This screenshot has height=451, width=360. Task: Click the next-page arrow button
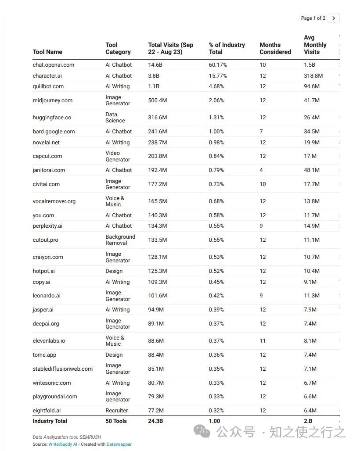point(334,18)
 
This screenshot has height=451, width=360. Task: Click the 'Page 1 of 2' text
point(313,18)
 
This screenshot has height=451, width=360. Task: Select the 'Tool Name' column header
point(47,52)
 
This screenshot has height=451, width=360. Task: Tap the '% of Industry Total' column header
point(227,48)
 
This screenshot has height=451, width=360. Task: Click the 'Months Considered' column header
point(275,48)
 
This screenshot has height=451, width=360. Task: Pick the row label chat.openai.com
point(53,64)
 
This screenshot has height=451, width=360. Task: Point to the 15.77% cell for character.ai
point(218,75)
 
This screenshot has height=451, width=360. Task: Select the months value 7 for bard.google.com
point(261,131)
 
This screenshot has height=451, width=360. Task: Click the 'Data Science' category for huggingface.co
point(115,117)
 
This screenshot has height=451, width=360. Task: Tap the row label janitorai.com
point(49,170)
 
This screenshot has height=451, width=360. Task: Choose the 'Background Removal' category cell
point(120,240)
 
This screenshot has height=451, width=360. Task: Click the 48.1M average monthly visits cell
point(312,170)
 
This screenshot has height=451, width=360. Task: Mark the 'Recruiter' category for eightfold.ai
point(116,410)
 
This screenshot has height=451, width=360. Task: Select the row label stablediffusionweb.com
point(62,369)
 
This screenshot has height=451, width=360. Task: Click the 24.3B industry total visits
point(156,421)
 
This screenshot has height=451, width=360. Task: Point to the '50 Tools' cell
point(116,421)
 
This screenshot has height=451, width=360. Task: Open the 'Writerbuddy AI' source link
point(63,444)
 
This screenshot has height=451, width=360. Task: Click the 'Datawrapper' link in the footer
point(119,444)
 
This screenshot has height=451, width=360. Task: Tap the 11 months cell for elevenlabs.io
point(263,340)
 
